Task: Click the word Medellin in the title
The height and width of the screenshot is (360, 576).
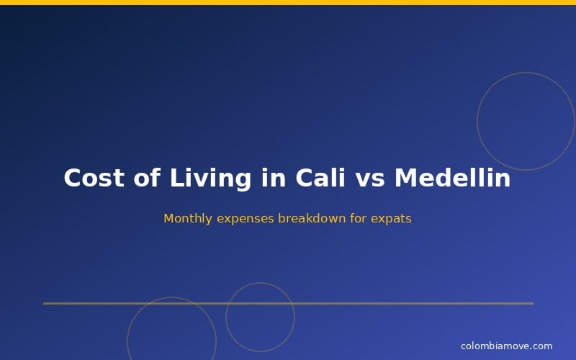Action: point(452,178)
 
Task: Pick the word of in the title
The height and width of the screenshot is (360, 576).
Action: point(146,178)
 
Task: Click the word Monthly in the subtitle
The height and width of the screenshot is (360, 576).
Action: point(185,218)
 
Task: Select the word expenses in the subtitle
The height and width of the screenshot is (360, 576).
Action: point(242,218)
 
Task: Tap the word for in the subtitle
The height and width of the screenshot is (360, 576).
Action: point(359,218)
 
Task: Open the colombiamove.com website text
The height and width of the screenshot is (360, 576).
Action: point(506,346)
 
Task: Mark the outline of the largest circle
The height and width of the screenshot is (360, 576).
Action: point(477,121)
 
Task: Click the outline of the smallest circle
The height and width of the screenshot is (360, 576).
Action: point(226,317)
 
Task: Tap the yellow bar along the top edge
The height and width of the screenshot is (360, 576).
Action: point(288,2)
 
